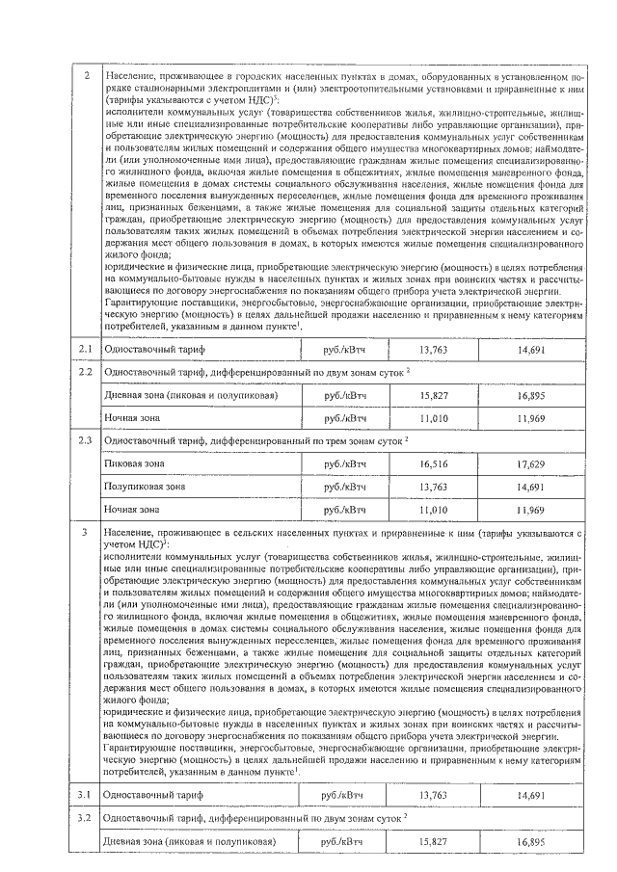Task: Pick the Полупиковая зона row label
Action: pos(145,487)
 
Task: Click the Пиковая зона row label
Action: pos(134,463)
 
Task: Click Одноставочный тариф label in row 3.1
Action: pos(153,795)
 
